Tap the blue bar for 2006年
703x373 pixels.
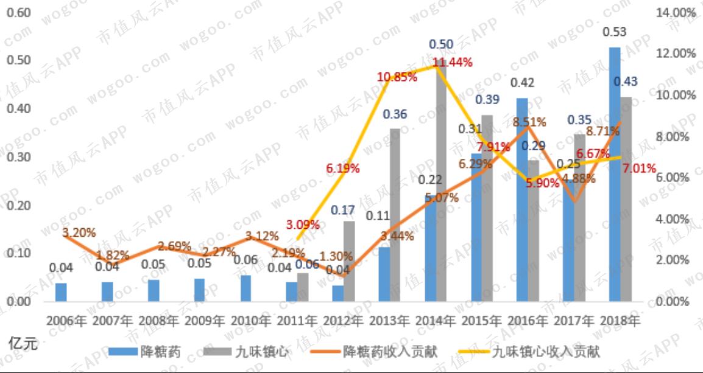click(61, 292)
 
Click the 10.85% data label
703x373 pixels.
click(397, 77)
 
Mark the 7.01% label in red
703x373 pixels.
click(639, 168)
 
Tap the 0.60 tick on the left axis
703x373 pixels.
click(18, 13)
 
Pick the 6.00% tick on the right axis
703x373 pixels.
click(677, 178)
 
